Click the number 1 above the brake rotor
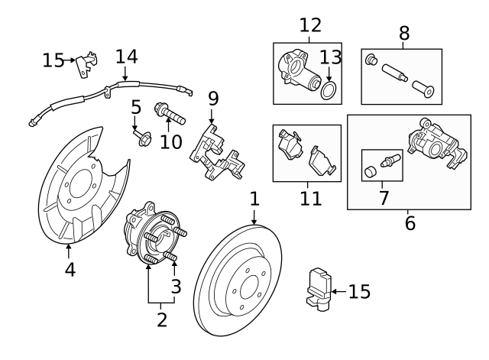pyautogui.click(x=254, y=199)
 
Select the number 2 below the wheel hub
pyautogui.click(x=161, y=319)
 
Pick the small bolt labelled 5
pyautogui.click(x=142, y=138)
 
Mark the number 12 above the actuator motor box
pyautogui.click(x=310, y=24)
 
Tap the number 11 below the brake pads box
pyautogui.click(x=310, y=199)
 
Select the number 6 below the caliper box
pyautogui.click(x=410, y=224)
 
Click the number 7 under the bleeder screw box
pyautogui.click(x=384, y=197)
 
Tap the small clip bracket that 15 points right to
pyautogui.click(x=89, y=61)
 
